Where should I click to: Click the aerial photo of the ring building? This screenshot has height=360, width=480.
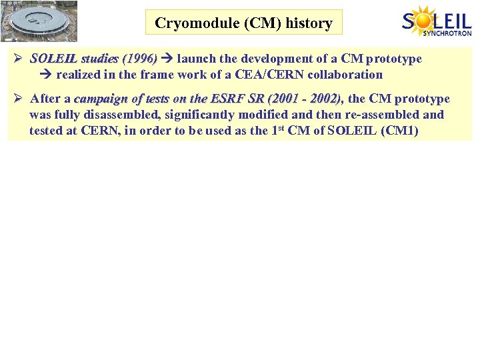pyautogui.click(x=39, y=21)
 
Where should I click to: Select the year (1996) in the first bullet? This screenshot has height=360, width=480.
pyautogui.click(x=137, y=59)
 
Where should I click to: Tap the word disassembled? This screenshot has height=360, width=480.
pyautogui.click(x=134, y=115)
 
